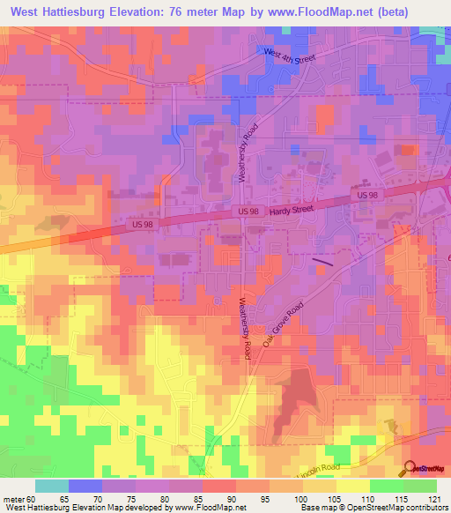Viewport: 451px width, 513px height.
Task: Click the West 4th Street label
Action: (x=290, y=56)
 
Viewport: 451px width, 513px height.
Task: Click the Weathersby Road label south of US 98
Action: (x=246, y=326)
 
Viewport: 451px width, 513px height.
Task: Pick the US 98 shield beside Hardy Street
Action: (x=248, y=211)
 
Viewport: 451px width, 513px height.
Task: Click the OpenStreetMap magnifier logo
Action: (x=410, y=469)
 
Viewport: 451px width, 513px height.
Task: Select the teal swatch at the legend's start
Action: (x=52, y=486)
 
